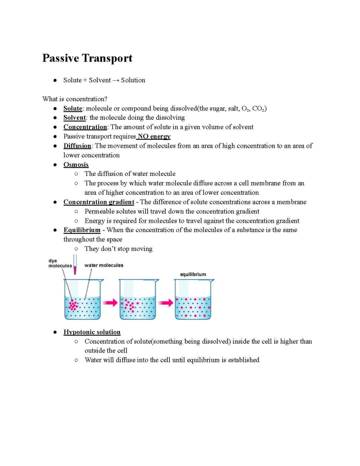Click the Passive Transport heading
pyautogui.click(x=87, y=58)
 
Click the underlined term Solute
pyautogui.click(x=73, y=108)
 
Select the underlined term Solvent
pyautogui.click(x=75, y=118)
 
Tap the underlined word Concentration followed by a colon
pyautogui.click(x=85, y=127)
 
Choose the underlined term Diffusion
pyautogui.click(x=77, y=146)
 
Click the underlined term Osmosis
pyautogui.click(x=76, y=165)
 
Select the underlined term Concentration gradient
pyautogui.click(x=99, y=202)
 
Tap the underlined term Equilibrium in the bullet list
pyautogui.click(x=82, y=230)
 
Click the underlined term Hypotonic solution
pyautogui.click(x=92, y=332)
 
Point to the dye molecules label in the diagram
pyautogui.click(x=60, y=263)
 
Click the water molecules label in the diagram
pyautogui.click(x=104, y=265)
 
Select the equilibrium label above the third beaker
pyautogui.click(x=193, y=274)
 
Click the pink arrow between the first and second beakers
pyautogui.click(x=110, y=303)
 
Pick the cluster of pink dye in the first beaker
pyautogui.click(x=73, y=305)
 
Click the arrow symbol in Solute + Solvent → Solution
pyautogui.click(x=116, y=80)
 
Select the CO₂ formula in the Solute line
pyautogui.click(x=259, y=108)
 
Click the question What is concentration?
pyautogui.click(x=75, y=99)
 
